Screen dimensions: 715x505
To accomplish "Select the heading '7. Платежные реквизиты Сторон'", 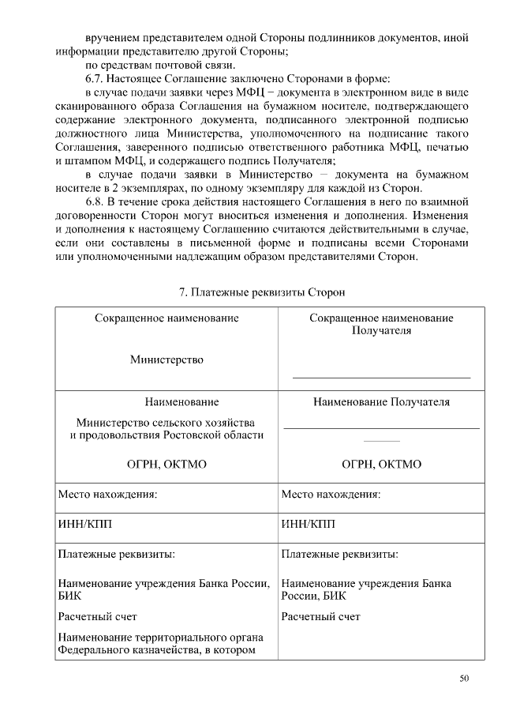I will [x=261, y=292].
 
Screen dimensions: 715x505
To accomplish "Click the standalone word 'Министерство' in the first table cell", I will [x=166, y=359].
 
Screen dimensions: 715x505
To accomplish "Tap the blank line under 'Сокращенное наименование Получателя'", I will [x=381, y=378].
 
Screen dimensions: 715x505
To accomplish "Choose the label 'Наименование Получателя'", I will [x=381, y=402].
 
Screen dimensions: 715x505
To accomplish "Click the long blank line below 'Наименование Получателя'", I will [x=381, y=428].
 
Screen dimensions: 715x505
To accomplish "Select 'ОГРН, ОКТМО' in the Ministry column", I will [x=166, y=465].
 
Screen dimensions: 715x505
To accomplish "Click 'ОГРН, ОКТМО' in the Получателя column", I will [x=381, y=465].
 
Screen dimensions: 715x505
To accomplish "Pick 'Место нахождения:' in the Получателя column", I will [x=331, y=495].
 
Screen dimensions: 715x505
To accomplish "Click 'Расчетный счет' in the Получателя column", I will [x=320, y=616].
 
